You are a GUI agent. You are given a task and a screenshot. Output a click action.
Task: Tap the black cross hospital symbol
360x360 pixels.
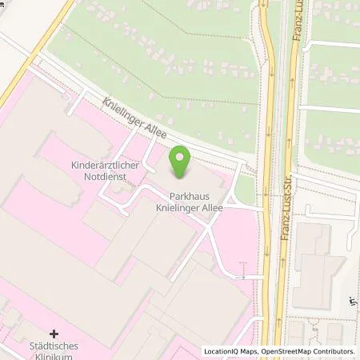click(x=54, y=332)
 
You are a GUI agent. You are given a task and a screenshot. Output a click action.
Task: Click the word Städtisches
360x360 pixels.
click(x=55, y=346)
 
